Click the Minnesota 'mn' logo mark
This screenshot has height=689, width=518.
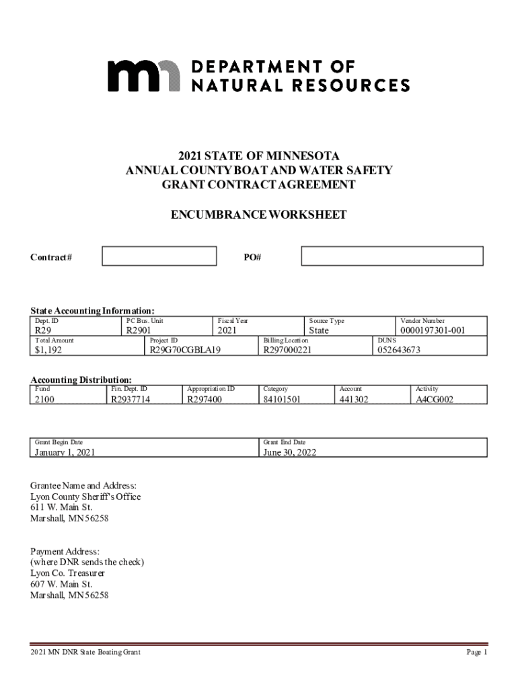click(144, 75)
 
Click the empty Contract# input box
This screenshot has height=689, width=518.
click(159, 256)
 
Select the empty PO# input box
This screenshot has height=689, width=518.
click(392, 256)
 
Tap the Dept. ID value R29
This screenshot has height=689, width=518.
click(43, 331)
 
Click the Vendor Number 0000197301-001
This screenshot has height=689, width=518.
click(433, 331)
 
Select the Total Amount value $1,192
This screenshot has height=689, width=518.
click(49, 350)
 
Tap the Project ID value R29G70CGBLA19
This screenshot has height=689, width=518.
click(185, 350)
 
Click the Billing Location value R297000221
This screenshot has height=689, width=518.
click(287, 350)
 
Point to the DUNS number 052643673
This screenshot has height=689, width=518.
click(399, 350)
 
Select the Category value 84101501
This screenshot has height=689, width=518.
click(282, 400)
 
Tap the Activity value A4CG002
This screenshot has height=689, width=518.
click(435, 400)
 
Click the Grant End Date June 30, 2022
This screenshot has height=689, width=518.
click(289, 453)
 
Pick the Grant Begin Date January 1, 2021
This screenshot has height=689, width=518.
click(65, 453)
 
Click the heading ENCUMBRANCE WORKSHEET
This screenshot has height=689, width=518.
click(259, 215)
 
